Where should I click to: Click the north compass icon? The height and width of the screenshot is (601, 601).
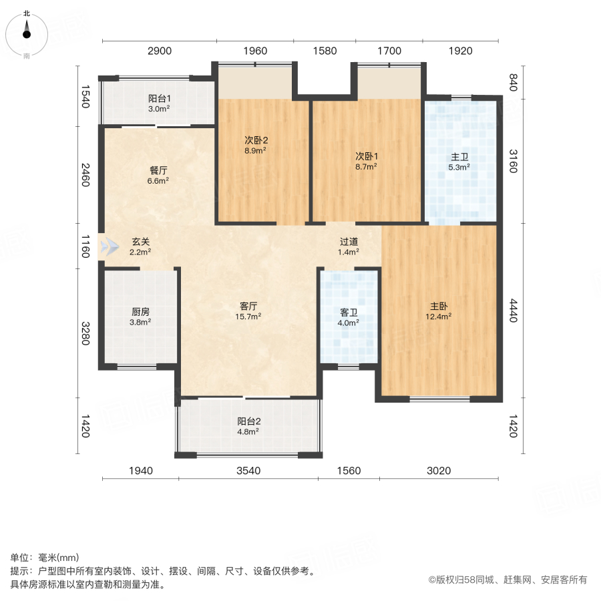pyautogui.click(x=27, y=31)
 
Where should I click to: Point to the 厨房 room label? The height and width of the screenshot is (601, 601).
pyautogui.click(x=140, y=311)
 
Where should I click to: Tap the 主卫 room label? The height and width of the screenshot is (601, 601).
pyautogui.click(x=460, y=157)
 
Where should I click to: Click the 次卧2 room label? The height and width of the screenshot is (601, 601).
pyautogui.click(x=255, y=140)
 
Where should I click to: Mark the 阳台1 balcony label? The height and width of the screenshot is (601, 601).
pyautogui.click(x=159, y=98)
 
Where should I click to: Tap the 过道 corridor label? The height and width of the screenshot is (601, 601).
pyautogui.click(x=349, y=242)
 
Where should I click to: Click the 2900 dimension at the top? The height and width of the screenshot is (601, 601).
pyautogui.click(x=160, y=51)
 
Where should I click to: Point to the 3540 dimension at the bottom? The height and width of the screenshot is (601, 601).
pyautogui.click(x=248, y=471)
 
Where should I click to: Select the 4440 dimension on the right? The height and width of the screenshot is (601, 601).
pyautogui.click(x=513, y=311)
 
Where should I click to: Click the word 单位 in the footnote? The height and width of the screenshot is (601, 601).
pyautogui.click(x=20, y=558)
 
